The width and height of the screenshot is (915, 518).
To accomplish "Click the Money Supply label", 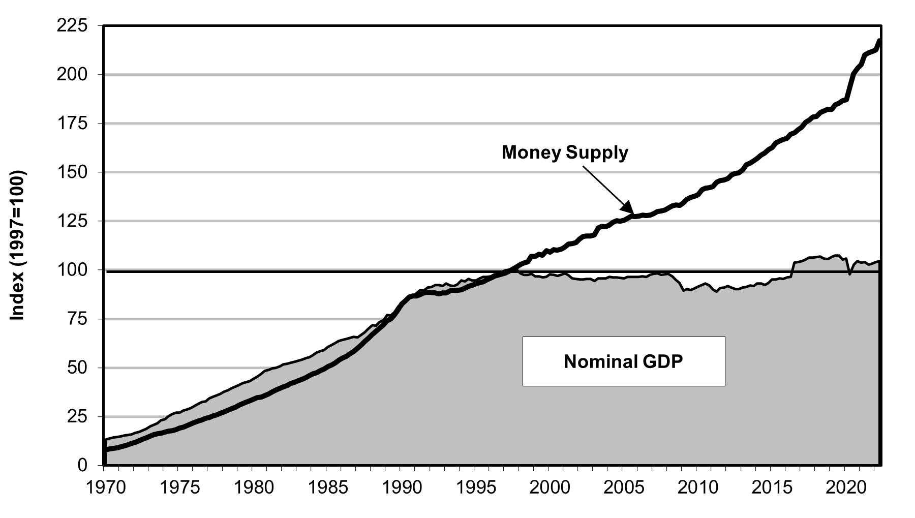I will (565, 153).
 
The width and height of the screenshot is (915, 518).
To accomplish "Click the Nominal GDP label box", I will (623, 361).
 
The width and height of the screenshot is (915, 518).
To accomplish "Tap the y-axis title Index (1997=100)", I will (19, 246).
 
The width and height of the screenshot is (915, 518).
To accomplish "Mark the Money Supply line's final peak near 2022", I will (879, 41).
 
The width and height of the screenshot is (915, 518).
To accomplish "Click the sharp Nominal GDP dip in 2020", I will (850, 275).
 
